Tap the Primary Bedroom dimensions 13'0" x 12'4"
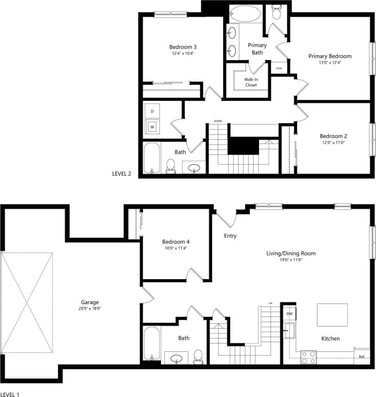point(330,63)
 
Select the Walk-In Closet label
point(251,82)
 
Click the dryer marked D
point(152,111)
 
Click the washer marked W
point(152,126)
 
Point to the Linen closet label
point(279,69)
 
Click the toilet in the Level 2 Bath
point(171,166)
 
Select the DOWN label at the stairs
point(217,121)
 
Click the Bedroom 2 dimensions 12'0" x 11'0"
point(333,143)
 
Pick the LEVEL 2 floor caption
point(122,174)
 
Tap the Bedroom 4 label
point(176,241)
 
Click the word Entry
point(230,236)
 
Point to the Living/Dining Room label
point(291,254)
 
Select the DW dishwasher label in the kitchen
point(289,314)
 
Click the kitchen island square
point(332,315)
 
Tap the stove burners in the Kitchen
point(309,357)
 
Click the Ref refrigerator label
point(362,357)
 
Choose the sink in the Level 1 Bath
point(177,358)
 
